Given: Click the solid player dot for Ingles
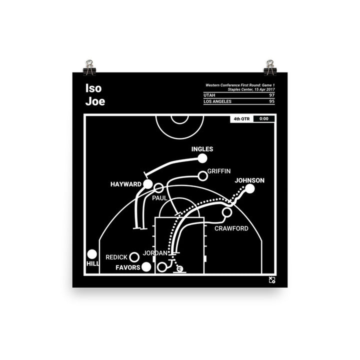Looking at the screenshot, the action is pyautogui.click(x=202, y=158).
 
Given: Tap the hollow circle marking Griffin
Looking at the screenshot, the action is pyautogui.click(x=202, y=176).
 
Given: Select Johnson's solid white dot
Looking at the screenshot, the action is pyautogui.click(x=250, y=188).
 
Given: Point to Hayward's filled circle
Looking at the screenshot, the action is pyautogui.click(x=148, y=184).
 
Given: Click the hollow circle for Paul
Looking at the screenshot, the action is pyautogui.click(x=158, y=188).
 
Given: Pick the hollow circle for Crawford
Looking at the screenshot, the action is pyautogui.click(x=227, y=212).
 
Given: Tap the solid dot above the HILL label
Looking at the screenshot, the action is pyautogui.click(x=92, y=254).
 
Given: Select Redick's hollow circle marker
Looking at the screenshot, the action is pyautogui.click(x=134, y=257).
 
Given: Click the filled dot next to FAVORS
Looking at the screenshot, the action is pyautogui.click(x=146, y=267).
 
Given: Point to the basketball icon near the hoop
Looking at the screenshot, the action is pyautogui.click(x=180, y=268).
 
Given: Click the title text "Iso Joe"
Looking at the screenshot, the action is pyautogui.click(x=95, y=94).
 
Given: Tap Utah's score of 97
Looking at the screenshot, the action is pyautogui.click(x=272, y=95).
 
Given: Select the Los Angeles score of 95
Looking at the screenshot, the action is pyautogui.click(x=272, y=101).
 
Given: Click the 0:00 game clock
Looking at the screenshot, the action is pyautogui.click(x=264, y=118).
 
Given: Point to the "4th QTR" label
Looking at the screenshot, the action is pyautogui.click(x=241, y=119).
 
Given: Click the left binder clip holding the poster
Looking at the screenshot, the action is pyautogui.click(x=89, y=67).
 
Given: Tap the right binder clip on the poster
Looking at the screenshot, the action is pyautogui.click(x=270, y=67).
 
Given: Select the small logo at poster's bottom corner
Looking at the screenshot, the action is pyautogui.click(x=272, y=280).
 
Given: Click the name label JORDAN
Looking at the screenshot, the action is pyautogui.click(x=155, y=253).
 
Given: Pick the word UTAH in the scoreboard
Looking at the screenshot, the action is pyautogui.click(x=209, y=95).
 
